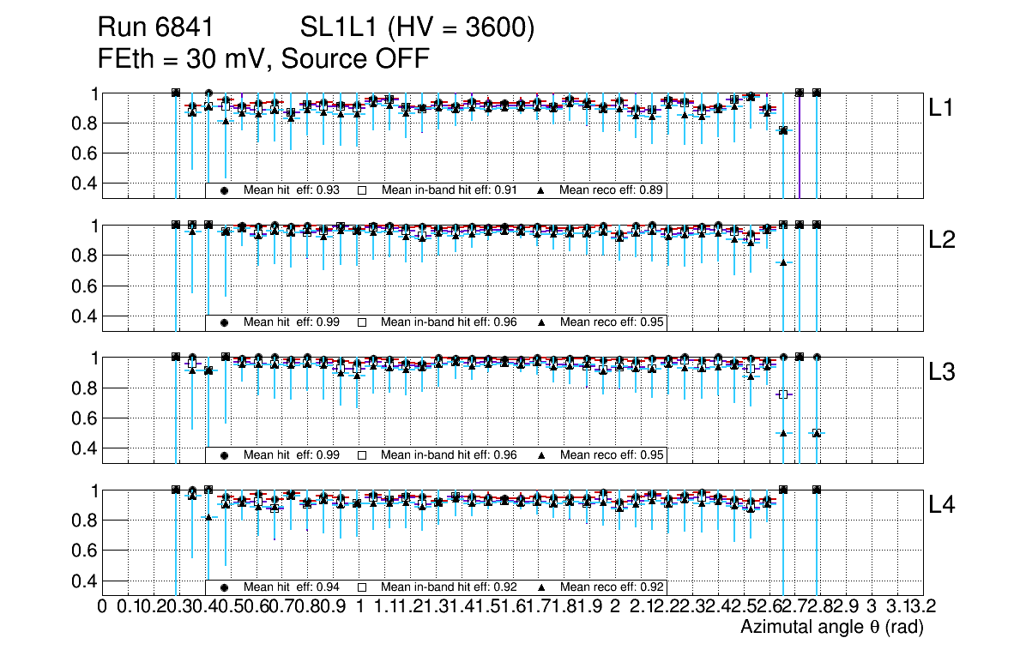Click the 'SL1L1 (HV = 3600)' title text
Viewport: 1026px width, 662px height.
click(x=418, y=29)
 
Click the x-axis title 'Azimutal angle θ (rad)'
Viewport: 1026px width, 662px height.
click(x=831, y=628)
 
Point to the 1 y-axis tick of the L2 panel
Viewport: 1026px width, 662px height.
click(x=95, y=226)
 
